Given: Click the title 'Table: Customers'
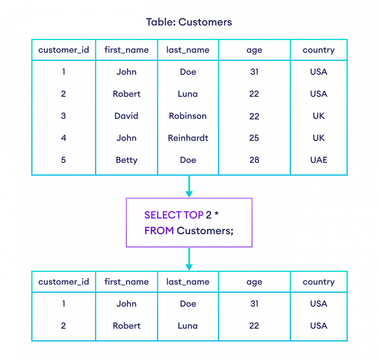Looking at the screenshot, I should [x=189, y=22].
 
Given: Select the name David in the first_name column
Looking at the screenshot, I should [x=126, y=116].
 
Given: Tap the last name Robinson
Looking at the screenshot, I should [x=188, y=116].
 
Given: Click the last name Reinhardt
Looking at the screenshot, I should [x=188, y=138].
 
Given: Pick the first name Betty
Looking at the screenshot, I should [x=126, y=160].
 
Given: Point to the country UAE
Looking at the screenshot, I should [x=319, y=160].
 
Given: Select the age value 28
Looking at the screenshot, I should [x=254, y=160].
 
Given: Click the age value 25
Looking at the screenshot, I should [x=254, y=138].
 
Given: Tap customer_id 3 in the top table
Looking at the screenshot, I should [x=63, y=116].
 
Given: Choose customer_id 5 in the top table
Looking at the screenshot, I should [x=63, y=160].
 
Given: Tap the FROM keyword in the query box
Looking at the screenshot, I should [x=159, y=231].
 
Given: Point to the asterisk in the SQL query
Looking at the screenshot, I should [x=217, y=215].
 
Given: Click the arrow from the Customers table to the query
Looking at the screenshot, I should [x=189, y=186].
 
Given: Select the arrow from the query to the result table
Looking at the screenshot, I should [x=189, y=259].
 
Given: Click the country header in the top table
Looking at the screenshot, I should [x=319, y=50].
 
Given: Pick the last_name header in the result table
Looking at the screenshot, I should [x=188, y=282].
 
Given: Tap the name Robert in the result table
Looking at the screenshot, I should [x=126, y=326].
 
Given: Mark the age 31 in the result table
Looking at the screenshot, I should [x=254, y=304].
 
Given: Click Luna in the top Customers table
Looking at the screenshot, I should [x=188, y=94].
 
